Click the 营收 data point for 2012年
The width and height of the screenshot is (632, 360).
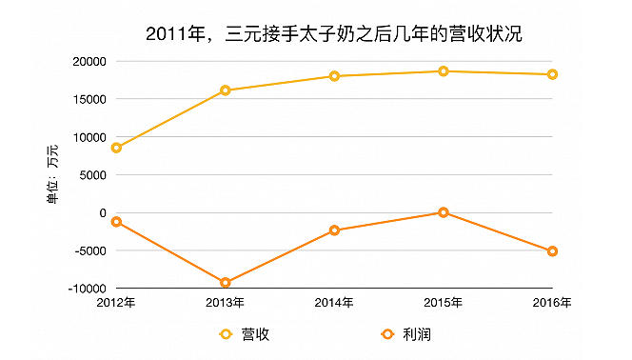point(116,148)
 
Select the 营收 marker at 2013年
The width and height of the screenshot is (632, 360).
point(226,90)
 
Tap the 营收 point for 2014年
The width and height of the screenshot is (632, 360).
point(334,76)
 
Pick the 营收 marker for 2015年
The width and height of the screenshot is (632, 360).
point(444,71)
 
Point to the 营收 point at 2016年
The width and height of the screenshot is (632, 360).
point(552,74)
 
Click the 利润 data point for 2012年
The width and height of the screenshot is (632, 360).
point(116,222)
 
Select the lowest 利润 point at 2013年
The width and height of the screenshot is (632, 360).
point(226,283)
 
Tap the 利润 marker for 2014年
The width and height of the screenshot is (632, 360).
point(334,230)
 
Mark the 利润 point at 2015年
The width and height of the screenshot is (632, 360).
point(444,212)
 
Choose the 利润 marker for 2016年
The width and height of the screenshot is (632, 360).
point(552,251)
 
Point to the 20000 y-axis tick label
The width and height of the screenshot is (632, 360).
point(88,61)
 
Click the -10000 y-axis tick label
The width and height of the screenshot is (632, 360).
point(86,289)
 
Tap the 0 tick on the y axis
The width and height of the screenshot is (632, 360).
point(101,212)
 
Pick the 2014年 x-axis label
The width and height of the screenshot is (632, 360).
point(334,303)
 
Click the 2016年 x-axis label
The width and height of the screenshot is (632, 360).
point(552,303)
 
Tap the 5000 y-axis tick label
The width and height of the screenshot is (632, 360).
point(91,174)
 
